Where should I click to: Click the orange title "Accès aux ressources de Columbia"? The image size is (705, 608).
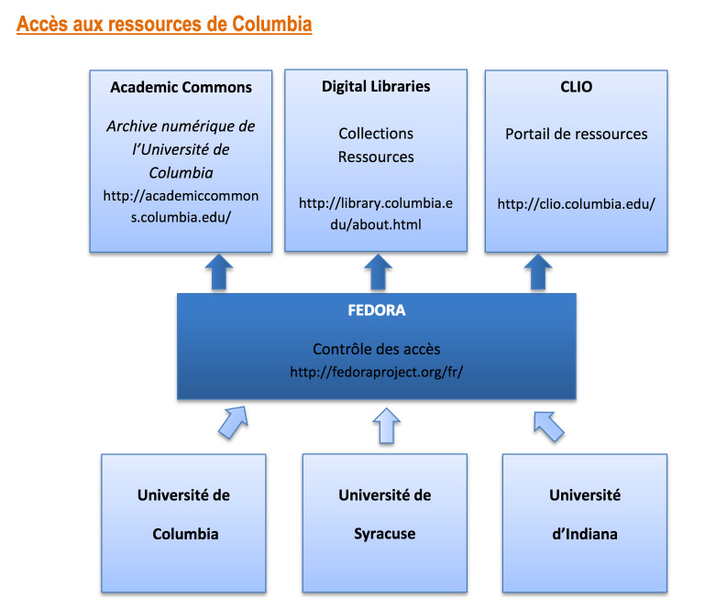164,24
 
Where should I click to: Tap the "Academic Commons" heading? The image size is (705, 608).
182,87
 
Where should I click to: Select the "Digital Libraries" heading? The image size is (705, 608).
376,87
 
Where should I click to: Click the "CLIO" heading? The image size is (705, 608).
576,87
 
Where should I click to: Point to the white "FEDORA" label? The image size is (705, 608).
376,310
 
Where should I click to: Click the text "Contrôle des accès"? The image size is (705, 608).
376,349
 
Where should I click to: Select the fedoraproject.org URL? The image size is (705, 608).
376,372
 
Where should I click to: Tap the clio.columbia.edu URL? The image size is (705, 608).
576,204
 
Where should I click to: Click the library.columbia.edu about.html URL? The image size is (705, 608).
376,213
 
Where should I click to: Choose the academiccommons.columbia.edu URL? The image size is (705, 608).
181,207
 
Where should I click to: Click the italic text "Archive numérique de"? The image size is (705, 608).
181,126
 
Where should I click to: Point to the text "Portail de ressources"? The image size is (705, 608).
577,134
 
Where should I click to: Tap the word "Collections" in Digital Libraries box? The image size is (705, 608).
376,134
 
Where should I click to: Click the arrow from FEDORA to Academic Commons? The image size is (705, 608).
219,272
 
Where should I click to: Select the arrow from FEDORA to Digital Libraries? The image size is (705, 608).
378,272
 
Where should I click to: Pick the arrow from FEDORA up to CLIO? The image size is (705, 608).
538,272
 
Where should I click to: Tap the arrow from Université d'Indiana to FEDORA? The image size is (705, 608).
548,426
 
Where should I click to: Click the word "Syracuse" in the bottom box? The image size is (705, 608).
385,534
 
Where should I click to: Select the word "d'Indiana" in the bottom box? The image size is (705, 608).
585,534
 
